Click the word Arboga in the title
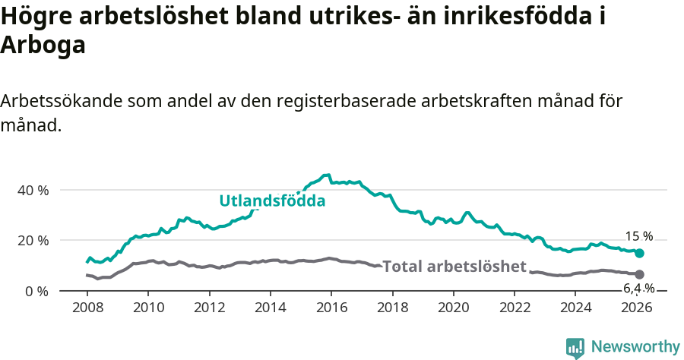[43, 45]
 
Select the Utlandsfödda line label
[272, 201]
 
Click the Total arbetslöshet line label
[454, 267]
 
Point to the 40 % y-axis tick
[33, 190]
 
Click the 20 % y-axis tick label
[33, 241]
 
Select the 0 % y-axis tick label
[36, 291]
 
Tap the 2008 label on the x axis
[87, 308]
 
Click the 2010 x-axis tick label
[148, 308]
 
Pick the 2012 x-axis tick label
[209, 308]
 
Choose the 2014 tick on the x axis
[270, 308]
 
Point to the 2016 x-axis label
[331, 308]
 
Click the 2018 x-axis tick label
[392, 308]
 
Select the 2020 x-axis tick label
[453, 308]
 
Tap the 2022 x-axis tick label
[514, 308]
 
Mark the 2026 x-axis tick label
[636, 308]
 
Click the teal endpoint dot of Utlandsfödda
[639, 253]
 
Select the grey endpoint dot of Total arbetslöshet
[639, 274]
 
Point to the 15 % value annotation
[638, 236]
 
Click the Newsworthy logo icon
[575, 348]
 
